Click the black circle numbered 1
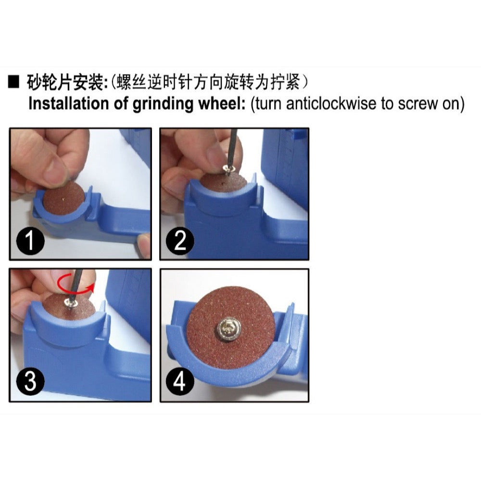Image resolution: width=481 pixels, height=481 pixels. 30,240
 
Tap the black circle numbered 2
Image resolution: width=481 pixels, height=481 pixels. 180,240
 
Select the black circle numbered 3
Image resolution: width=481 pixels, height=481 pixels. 30,380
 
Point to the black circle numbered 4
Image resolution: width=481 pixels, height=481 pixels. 180,380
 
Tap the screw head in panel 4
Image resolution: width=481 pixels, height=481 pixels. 229,330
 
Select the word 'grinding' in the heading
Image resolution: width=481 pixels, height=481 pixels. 163,104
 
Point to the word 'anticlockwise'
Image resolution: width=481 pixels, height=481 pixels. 331,104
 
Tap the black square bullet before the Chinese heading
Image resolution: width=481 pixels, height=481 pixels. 13,82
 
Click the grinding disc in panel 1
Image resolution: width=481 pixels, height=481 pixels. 63,199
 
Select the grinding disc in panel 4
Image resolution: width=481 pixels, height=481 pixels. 231,328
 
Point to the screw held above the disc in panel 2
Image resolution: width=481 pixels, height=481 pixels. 228,168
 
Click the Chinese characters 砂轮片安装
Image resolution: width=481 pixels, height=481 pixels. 66,82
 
